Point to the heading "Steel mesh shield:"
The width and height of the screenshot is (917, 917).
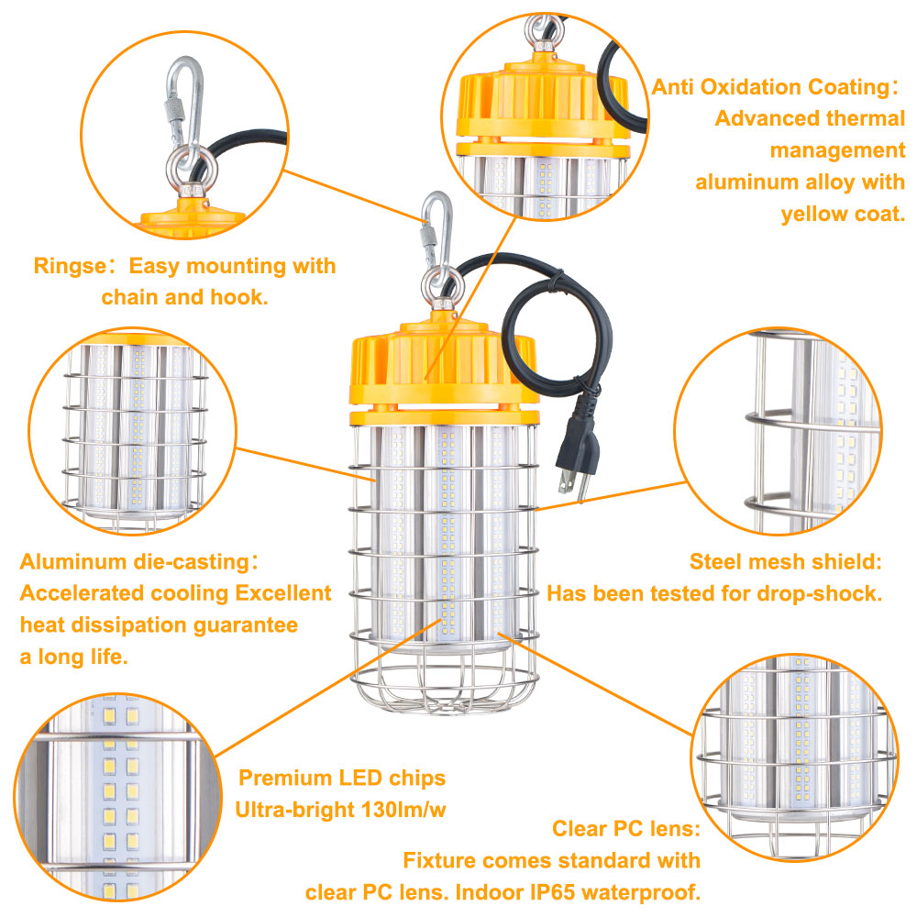tap(785, 561)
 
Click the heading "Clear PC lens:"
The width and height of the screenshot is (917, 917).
tap(626, 829)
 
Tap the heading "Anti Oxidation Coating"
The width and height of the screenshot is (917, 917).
tap(768, 87)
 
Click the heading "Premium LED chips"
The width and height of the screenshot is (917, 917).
tap(342, 779)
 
